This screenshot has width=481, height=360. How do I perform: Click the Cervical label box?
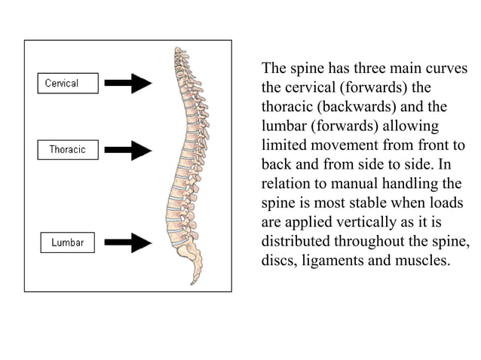pos(67,83)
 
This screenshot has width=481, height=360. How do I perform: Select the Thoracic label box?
pos(67,149)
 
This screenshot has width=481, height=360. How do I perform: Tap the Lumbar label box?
pos(67,243)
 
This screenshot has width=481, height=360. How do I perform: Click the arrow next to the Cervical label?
pos(130,83)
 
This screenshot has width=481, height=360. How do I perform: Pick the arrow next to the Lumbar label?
pos(130,243)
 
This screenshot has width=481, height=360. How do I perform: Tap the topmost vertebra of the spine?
pos(179,51)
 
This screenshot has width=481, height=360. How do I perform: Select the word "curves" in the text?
pos(446,69)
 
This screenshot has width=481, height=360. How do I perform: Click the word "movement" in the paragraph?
pos(339,145)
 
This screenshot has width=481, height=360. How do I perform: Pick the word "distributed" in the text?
pos(296,243)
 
